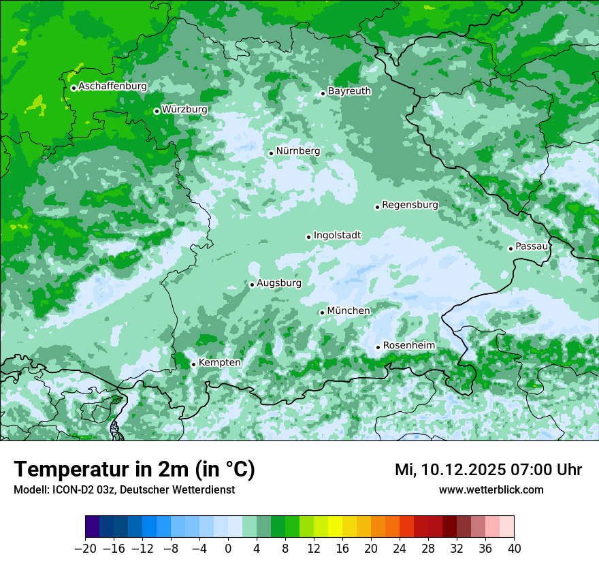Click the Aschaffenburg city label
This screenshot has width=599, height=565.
[x=112, y=86]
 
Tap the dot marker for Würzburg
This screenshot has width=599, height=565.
[x=157, y=111]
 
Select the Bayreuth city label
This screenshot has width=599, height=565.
[x=349, y=91]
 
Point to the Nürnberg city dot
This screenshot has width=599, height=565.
[x=271, y=153]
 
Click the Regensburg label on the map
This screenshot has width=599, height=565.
[x=410, y=205]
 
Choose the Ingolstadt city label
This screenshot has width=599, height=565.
[x=337, y=236]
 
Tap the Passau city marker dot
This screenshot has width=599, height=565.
[x=511, y=248]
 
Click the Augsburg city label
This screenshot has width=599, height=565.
[x=278, y=283]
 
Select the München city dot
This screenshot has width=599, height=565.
[x=322, y=312]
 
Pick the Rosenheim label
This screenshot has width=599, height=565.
[x=408, y=346]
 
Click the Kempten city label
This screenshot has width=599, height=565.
[x=219, y=363]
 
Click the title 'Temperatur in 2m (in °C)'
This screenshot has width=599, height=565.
[x=134, y=470]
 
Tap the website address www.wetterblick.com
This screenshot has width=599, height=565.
[x=491, y=489]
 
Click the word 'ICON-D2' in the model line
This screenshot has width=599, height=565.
[x=67, y=489]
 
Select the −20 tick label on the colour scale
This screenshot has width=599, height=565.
[x=85, y=549]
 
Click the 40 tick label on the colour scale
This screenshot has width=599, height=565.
[x=514, y=549]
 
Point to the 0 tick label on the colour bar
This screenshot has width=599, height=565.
[x=228, y=549]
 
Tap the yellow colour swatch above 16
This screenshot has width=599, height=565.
[x=335, y=527]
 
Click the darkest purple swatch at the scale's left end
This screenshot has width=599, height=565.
[x=93, y=527]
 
